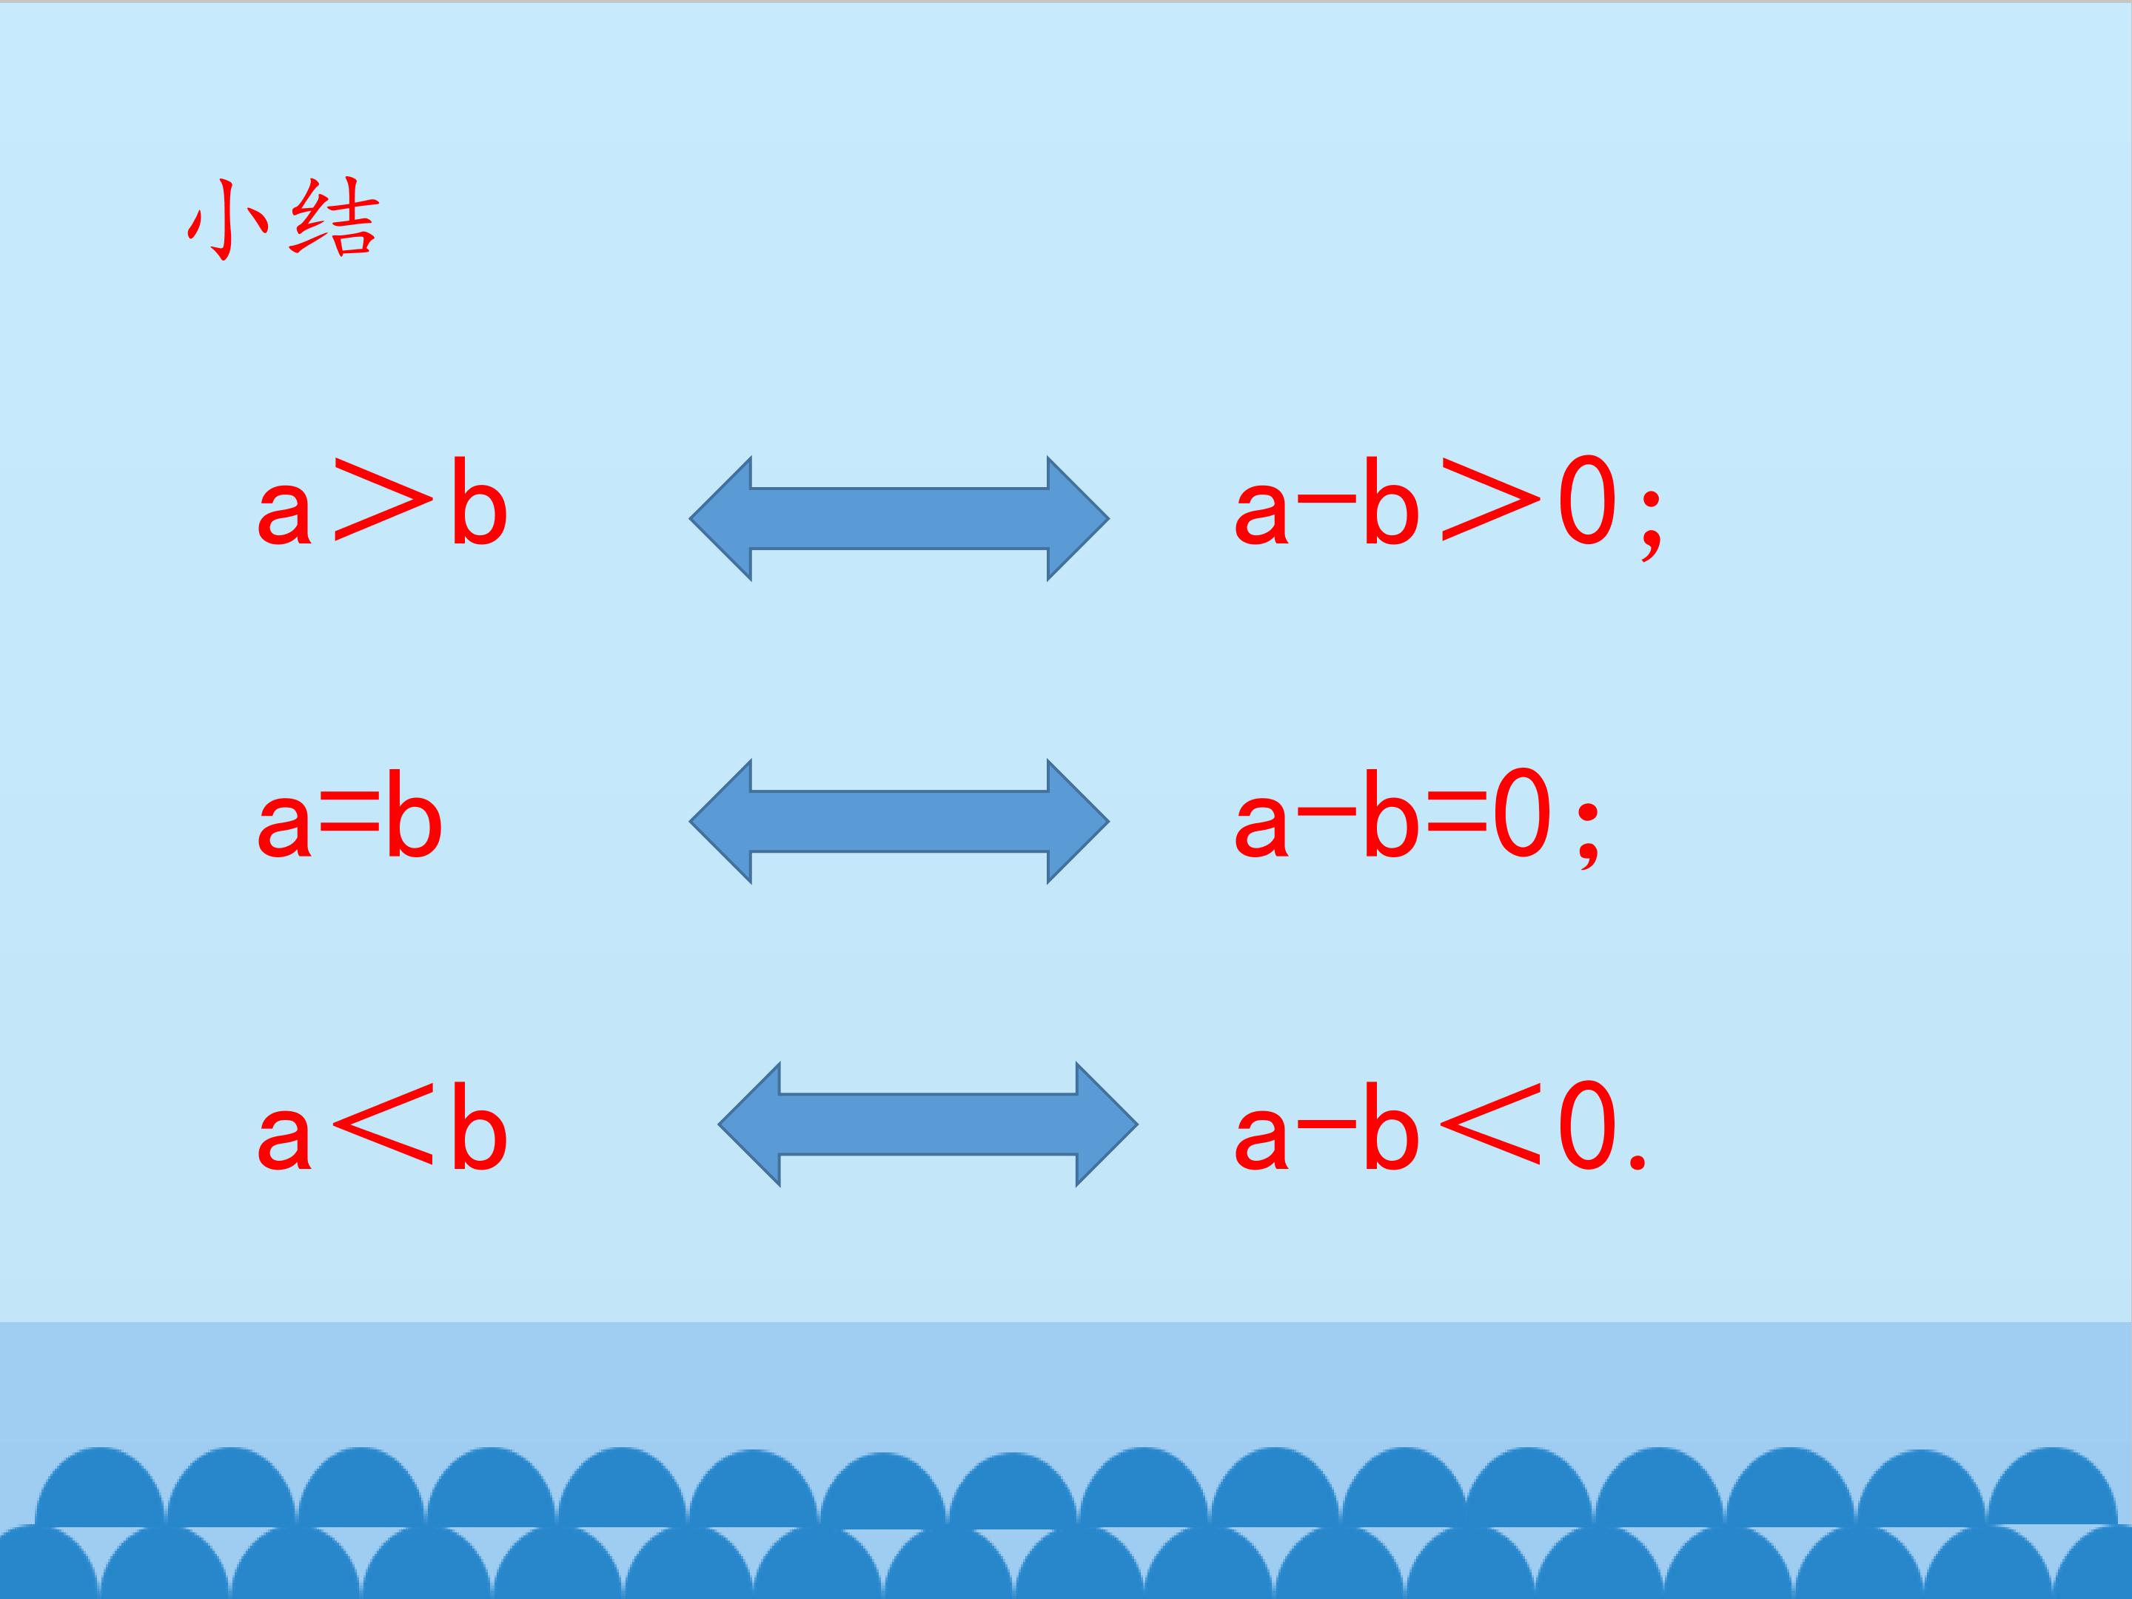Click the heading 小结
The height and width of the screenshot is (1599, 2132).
[284, 220]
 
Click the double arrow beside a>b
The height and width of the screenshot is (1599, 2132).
[899, 518]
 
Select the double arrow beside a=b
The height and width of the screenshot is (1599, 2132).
[899, 821]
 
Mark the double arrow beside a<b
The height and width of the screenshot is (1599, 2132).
[928, 1124]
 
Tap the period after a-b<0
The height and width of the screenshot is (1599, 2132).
[1637, 1161]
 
